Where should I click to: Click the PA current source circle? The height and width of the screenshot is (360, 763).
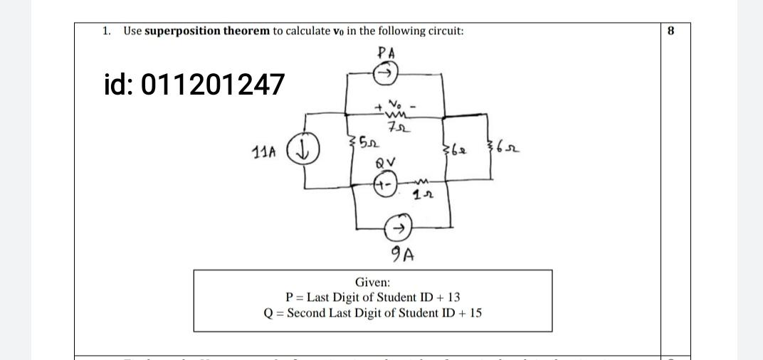tap(386, 73)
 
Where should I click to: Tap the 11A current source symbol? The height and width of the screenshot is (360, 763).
tap(310, 152)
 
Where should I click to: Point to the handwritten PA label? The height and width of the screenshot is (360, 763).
tap(387, 52)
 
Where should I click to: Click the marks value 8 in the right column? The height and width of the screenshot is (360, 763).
tap(670, 31)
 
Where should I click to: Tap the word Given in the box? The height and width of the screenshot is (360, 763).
tap(373, 282)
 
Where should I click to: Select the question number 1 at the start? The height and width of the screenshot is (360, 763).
tap(105, 31)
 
